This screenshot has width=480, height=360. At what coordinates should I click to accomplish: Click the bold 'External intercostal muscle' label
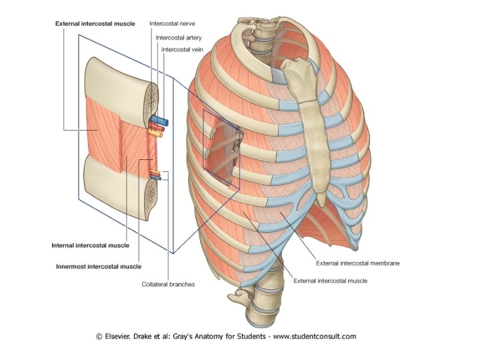pos(95,23)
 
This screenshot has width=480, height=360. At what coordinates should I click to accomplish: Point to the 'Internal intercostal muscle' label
pos(91,245)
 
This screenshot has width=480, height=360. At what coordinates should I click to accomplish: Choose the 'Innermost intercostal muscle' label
pos(98,266)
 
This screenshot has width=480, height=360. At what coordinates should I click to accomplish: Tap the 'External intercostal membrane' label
pos(359,263)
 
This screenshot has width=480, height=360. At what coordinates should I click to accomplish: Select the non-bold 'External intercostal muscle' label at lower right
pos(330,281)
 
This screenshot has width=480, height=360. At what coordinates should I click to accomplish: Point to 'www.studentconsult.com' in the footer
pos(313,336)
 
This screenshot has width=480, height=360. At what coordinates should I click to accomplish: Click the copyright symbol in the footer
pos(99,336)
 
